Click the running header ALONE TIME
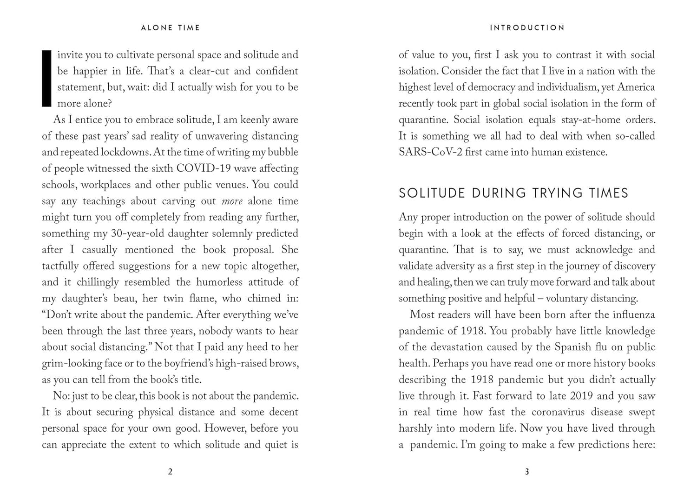(171, 28)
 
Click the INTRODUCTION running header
(527, 28)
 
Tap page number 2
(170, 472)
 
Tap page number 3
(527, 472)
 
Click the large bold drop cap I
(46, 79)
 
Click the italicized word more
(232, 201)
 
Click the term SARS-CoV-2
(430, 153)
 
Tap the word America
(636, 87)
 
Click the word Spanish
(573, 347)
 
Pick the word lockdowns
(125, 153)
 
